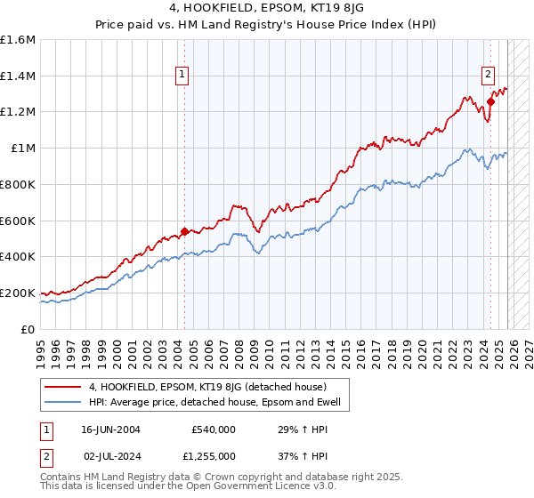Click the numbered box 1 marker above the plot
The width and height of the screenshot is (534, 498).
pyautogui.click(x=182, y=76)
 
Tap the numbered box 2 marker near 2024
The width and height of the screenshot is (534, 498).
pyautogui.click(x=489, y=76)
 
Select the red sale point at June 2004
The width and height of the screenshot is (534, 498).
pyautogui.click(x=184, y=231)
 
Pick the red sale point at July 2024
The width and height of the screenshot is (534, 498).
pyautogui.click(x=490, y=101)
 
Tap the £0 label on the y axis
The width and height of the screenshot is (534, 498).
pyautogui.click(x=28, y=329)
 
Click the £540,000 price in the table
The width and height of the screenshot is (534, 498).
pyautogui.click(x=213, y=429)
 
